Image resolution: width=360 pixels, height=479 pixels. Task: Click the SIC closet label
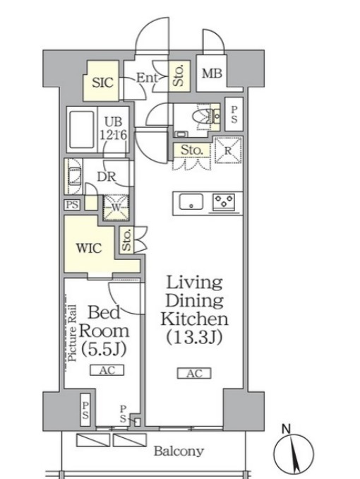coord(102,83)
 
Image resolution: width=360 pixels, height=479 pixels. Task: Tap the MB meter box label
coord(212,73)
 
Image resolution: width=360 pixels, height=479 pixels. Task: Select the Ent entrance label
coord(147,78)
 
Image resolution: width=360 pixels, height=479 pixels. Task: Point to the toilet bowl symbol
coord(203,117)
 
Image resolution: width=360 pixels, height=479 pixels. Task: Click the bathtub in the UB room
coord(81,129)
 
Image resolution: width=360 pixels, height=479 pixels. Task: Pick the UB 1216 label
coord(113,128)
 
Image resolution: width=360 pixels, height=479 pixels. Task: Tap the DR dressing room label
coord(107,177)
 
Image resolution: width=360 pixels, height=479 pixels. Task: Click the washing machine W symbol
coord(116,208)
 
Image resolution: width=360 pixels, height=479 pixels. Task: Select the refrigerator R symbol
coord(228,150)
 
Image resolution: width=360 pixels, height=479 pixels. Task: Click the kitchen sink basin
coord(191,202)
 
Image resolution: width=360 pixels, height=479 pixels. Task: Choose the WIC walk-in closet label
coord(89,248)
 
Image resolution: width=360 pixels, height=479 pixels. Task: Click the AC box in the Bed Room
coord(107,370)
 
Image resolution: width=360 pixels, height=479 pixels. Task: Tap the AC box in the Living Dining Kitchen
coord(194,373)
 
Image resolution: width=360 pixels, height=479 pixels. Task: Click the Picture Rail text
coord(73,333)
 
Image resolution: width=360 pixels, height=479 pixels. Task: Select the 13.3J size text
coord(194,337)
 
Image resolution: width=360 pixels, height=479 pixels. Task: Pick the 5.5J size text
coord(104,349)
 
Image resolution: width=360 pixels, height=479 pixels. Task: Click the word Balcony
coord(179,451)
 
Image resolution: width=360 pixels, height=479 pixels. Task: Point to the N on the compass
coord(286,430)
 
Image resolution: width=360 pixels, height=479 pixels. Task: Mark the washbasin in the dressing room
coord(73,177)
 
